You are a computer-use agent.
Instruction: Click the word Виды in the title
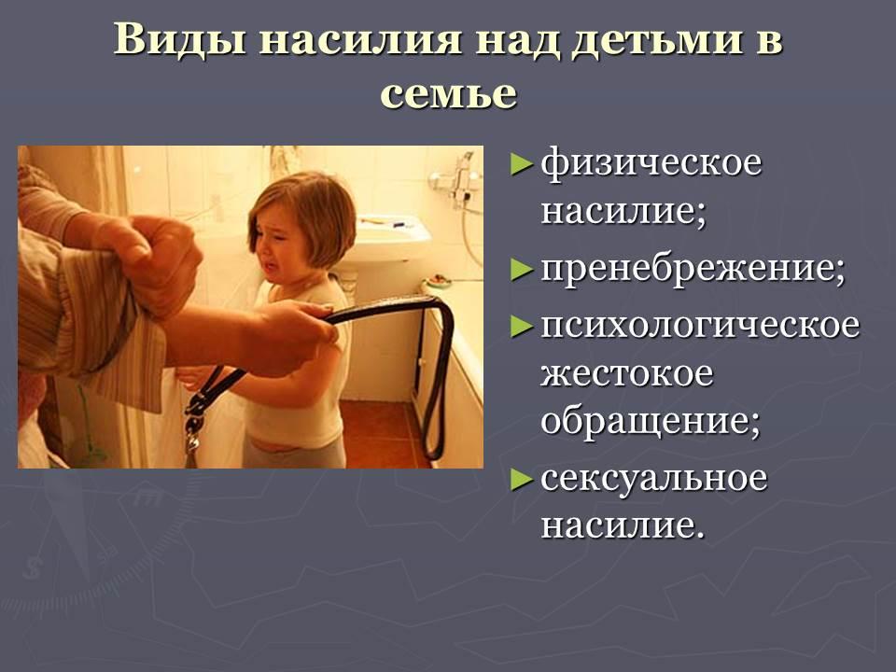[x=179, y=39]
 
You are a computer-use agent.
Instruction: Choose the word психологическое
[x=700, y=327]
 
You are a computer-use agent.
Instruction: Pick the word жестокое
[x=627, y=373]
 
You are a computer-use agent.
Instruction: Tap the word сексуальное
[x=653, y=478]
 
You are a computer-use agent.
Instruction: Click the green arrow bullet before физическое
[x=521, y=164]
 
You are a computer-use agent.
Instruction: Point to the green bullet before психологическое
[x=521, y=327]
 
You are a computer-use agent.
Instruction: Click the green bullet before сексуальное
[x=521, y=479]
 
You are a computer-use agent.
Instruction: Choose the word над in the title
[x=515, y=40]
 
